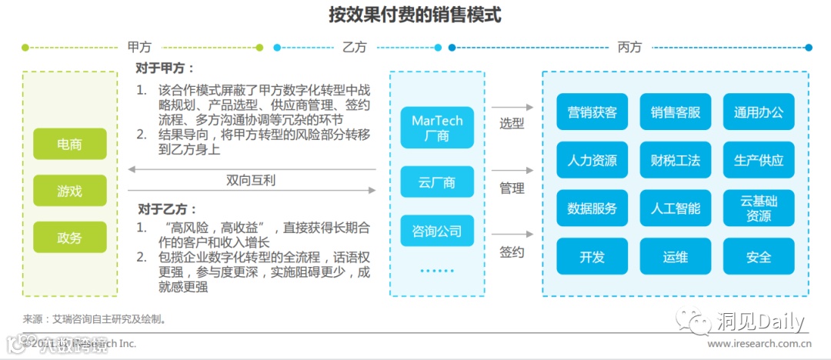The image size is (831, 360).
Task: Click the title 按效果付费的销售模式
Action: pyautogui.click(x=415, y=16)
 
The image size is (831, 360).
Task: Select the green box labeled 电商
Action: pyautogui.click(x=69, y=145)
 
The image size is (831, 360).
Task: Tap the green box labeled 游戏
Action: pyautogui.click(x=69, y=191)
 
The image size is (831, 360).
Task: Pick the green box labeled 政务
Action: pyautogui.click(x=69, y=238)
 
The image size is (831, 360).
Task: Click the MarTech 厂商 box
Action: pyautogui.click(x=437, y=128)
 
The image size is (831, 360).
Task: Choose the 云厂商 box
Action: pyautogui.click(x=437, y=183)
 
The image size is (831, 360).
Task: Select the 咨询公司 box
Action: pyautogui.click(x=437, y=231)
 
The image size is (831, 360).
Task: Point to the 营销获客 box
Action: pyautogui.click(x=592, y=112)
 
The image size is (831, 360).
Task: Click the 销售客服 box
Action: pyautogui.click(x=675, y=112)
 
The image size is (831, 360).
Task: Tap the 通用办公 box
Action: pyautogui.click(x=758, y=112)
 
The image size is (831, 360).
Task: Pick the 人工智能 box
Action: pyautogui.click(x=675, y=208)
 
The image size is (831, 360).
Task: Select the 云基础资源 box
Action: pyautogui.click(x=758, y=208)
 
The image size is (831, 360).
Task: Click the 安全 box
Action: pyautogui.click(x=758, y=257)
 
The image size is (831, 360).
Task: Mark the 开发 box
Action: pyautogui.click(x=592, y=257)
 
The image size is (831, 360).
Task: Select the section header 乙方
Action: pyautogui.click(x=355, y=47)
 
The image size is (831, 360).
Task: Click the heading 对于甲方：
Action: pyautogui.click(x=166, y=68)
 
